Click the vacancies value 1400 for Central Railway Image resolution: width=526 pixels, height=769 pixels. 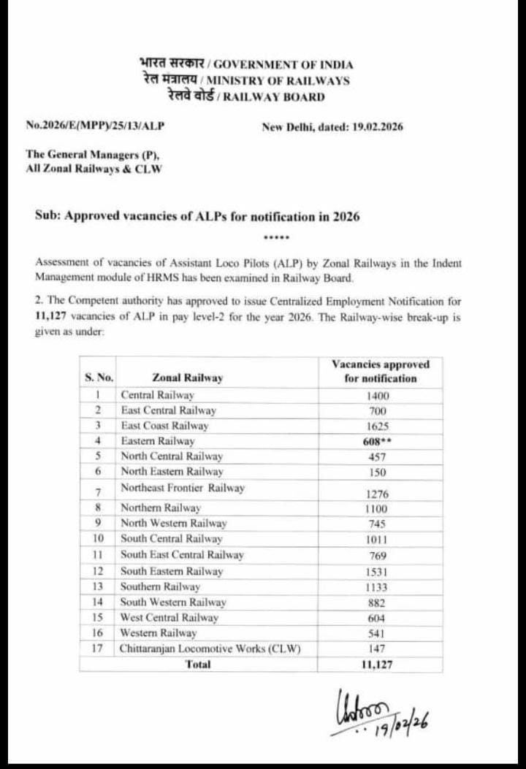click(378, 395)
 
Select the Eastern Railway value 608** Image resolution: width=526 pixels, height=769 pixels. click(378, 441)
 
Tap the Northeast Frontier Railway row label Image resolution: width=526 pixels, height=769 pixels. click(182, 488)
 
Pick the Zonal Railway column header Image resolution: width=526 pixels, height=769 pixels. click(188, 378)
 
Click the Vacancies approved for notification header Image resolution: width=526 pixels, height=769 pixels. click(381, 371)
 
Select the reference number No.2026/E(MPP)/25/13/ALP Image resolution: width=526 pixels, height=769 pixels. click(95, 126)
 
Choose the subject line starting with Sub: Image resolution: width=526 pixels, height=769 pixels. click(197, 217)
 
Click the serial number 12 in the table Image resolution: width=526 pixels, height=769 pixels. click(97, 571)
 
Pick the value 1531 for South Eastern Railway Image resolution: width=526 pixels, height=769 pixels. click(378, 572)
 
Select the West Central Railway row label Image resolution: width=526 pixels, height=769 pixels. click(169, 618)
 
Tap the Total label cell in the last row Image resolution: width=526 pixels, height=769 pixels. click(198, 665)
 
